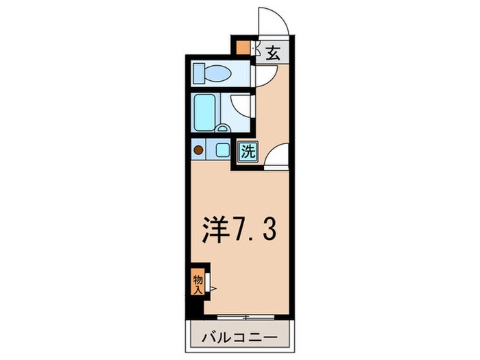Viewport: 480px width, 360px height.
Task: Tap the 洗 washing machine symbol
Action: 248,152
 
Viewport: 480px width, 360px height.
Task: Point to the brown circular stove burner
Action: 198,149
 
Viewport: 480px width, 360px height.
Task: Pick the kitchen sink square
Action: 222,149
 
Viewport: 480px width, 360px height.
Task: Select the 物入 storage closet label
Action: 197,283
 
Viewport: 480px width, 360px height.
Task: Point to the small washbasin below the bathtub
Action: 223,128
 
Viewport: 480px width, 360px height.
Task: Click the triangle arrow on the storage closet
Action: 213,289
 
